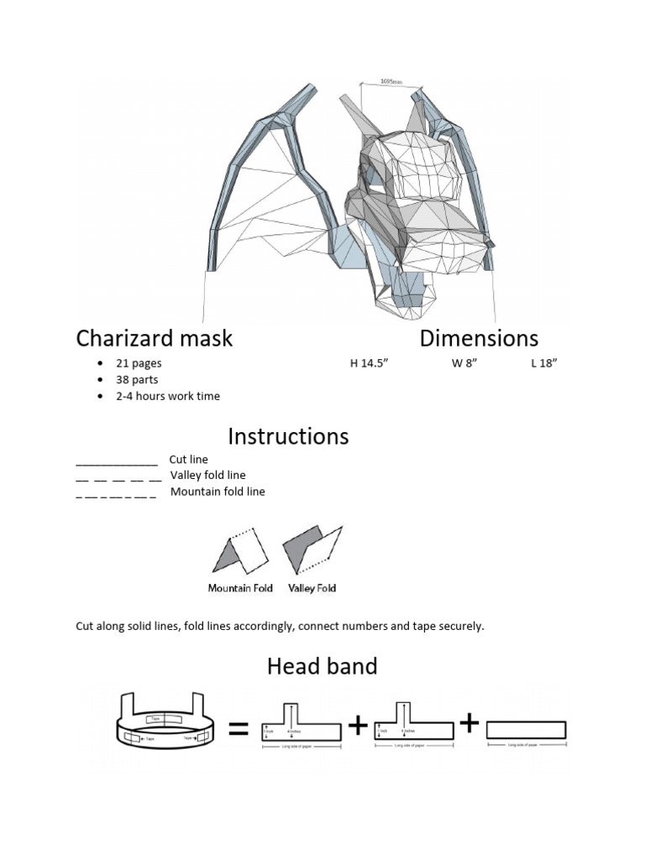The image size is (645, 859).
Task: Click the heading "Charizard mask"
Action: (155, 339)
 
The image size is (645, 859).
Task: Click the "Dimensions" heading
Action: (479, 338)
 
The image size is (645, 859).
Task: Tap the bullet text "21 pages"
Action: (139, 364)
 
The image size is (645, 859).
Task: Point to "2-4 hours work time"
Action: (168, 396)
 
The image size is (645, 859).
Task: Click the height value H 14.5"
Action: (370, 364)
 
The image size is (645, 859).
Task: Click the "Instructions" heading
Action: (288, 436)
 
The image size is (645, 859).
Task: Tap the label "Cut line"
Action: (188, 460)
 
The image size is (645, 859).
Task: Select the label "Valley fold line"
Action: (208, 476)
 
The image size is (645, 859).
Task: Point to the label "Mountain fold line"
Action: (218, 492)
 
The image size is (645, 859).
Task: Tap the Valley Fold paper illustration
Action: (312, 550)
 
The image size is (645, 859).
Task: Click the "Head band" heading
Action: (322, 667)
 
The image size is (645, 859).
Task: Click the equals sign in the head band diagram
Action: (239, 731)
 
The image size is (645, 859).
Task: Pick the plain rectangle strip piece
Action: (527, 730)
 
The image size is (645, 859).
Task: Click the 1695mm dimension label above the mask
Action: (391, 82)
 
